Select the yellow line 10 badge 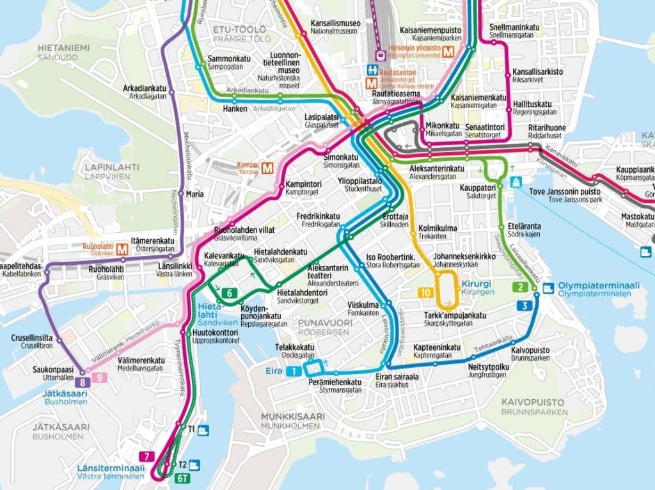coord(426,292)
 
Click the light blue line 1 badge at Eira coord(292,371)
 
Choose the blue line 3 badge coord(525,306)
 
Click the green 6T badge coord(183,478)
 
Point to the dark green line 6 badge coord(229,294)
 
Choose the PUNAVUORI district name coord(324,324)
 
